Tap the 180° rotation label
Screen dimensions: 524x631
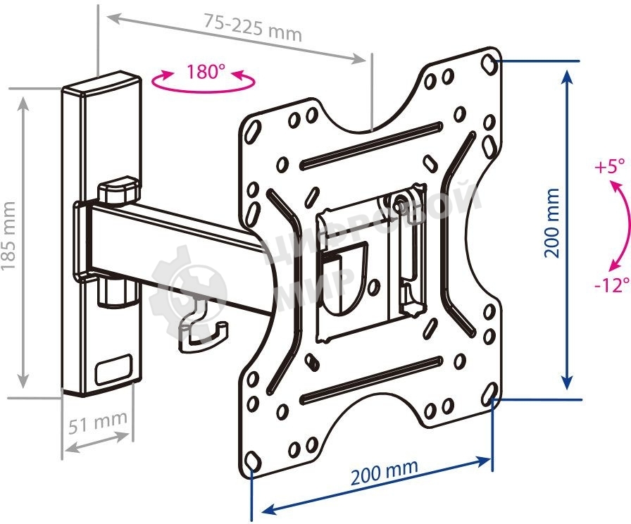pyautogui.click(x=206, y=73)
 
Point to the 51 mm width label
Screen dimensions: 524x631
pyautogui.click(x=98, y=423)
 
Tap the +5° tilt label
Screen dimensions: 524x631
pyautogui.click(x=609, y=168)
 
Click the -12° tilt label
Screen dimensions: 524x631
pyautogui.click(x=609, y=286)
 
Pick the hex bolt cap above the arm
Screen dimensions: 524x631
pyautogui.click(x=117, y=190)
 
